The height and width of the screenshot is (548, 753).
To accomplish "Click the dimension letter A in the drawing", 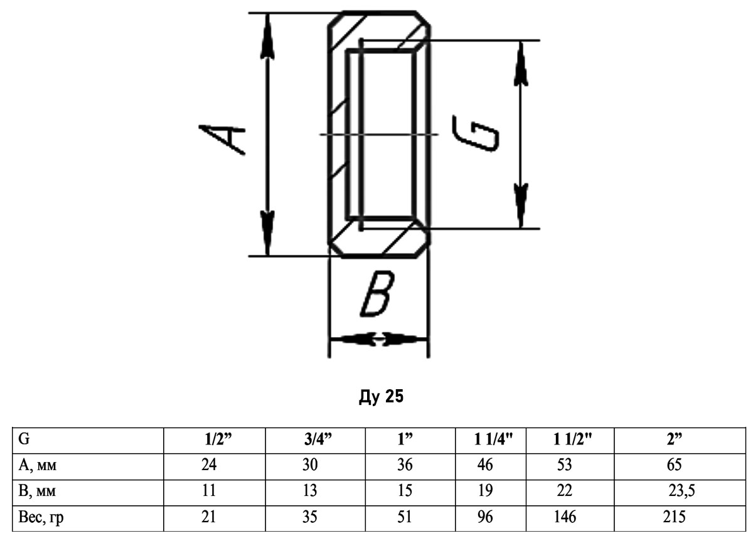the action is pos(222,139).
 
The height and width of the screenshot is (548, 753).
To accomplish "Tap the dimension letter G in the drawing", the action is pos(476,134).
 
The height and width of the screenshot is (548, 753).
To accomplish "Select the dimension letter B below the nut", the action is pos(377,294).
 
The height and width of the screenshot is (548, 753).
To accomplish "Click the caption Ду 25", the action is pos(381,396).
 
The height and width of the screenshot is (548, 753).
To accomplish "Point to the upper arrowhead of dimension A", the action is pos(267,36).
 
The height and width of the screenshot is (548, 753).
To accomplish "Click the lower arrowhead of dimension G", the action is pos(521,206).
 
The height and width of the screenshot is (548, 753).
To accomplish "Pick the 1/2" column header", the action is pos(218,439).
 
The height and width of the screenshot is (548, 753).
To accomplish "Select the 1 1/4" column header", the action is pos(493,439).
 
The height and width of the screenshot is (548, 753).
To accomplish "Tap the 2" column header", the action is pos(675,439).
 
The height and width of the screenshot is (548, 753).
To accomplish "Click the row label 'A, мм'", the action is pos(37,465).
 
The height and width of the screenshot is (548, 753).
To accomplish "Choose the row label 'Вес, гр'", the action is pos(41,517).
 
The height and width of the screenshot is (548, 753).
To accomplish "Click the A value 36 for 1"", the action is pos(405,465).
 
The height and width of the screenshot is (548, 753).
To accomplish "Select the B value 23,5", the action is pos(681,491).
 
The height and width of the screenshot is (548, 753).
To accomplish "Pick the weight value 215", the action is pos(674,517).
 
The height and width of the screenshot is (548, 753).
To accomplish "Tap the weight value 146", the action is pos(565,517).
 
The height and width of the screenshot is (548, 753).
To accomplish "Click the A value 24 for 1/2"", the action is pos(209,465).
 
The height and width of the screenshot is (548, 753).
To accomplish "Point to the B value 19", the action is pos(486,491).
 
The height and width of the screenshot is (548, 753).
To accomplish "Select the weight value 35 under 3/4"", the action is pos(309,517).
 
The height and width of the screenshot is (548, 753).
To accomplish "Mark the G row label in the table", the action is pos(24,439).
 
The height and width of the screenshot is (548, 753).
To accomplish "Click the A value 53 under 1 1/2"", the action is pos(564,465).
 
